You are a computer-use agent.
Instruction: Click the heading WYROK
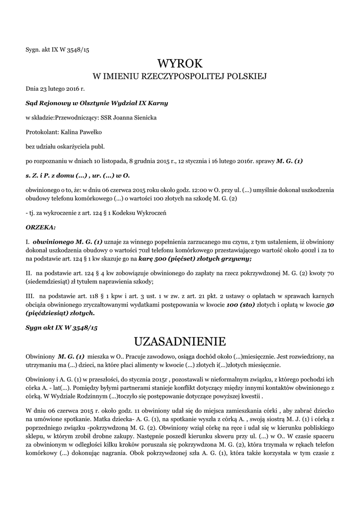click(180, 63)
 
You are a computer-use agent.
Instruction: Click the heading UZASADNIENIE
click(180, 341)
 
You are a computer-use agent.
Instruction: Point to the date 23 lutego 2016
click(60, 89)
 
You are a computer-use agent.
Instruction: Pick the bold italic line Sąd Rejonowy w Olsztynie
click(97, 103)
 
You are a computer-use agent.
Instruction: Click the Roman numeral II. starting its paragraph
click(29, 273)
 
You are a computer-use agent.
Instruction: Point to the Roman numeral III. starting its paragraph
click(30, 296)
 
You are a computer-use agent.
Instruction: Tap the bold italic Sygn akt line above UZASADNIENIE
click(62, 328)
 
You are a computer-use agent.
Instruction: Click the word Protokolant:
click(42, 132)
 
